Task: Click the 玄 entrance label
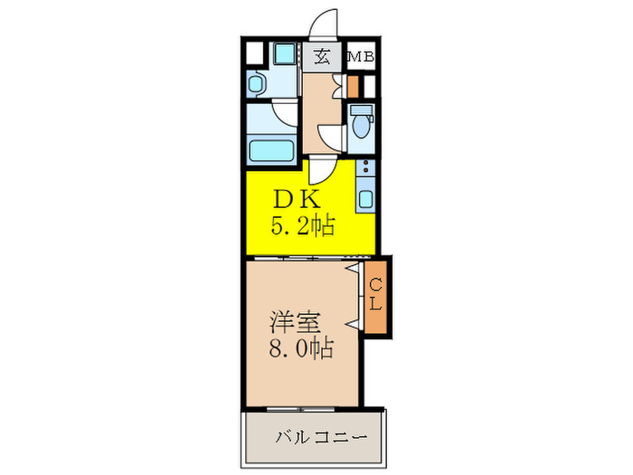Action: pyautogui.click(x=322, y=57)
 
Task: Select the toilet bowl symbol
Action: pyautogui.click(x=362, y=121)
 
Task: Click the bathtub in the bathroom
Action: pyautogui.click(x=271, y=150)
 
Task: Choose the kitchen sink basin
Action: pyautogui.click(x=365, y=196)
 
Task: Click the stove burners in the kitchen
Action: pyautogui.click(x=365, y=168)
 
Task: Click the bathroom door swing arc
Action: pyautogui.click(x=284, y=116)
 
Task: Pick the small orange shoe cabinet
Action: pyautogui.click(x=354, y=87)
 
